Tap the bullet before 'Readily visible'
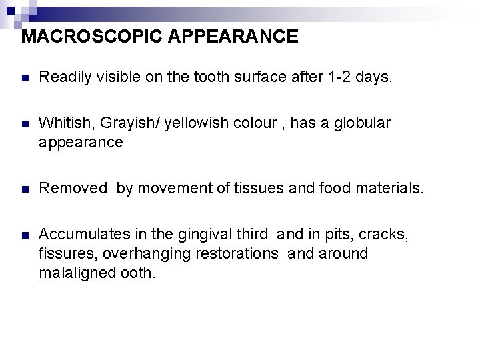pos(25,79)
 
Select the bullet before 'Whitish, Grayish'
pos(25,123)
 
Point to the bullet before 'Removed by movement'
pos(25,189)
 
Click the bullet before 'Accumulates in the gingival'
pos(25,235)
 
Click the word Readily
pos(65,78)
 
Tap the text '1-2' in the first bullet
pos(339,78)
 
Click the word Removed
pos(73,189)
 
